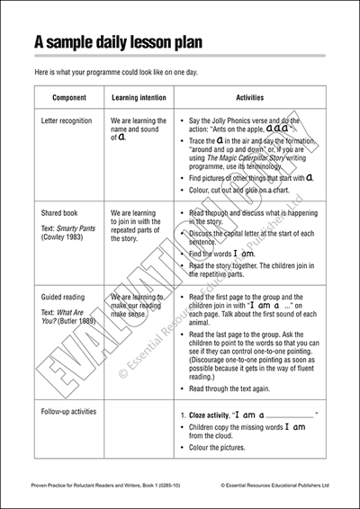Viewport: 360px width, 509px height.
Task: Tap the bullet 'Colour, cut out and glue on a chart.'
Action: click(248, 190)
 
